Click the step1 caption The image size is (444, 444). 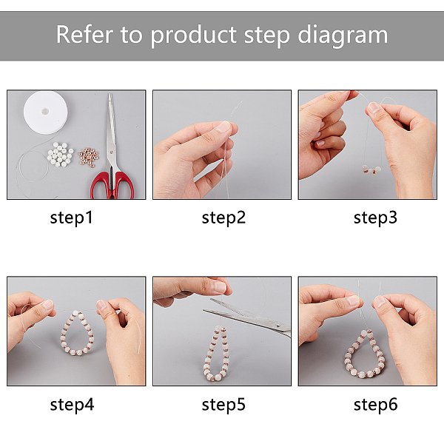pos(71,218)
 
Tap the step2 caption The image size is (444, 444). pos(223,218)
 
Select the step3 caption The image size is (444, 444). pos(375,218)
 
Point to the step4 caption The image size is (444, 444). pos(72,405)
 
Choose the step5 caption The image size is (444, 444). pos(223,405)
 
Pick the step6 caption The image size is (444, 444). pos(375,405)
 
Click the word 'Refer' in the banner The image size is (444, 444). pos(84,34)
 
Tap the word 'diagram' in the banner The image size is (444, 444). pos(343,36)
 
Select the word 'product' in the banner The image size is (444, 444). pos(194,36)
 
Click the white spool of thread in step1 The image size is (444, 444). pos(45,112)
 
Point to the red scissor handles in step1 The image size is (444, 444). pos(112,186)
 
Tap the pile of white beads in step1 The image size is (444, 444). pos(60,155)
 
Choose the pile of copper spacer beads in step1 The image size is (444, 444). pos(89,158)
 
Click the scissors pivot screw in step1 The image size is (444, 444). pos(112,152)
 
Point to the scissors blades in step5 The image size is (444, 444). pos(246,316)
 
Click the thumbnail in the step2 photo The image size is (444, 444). pos(223,127)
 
